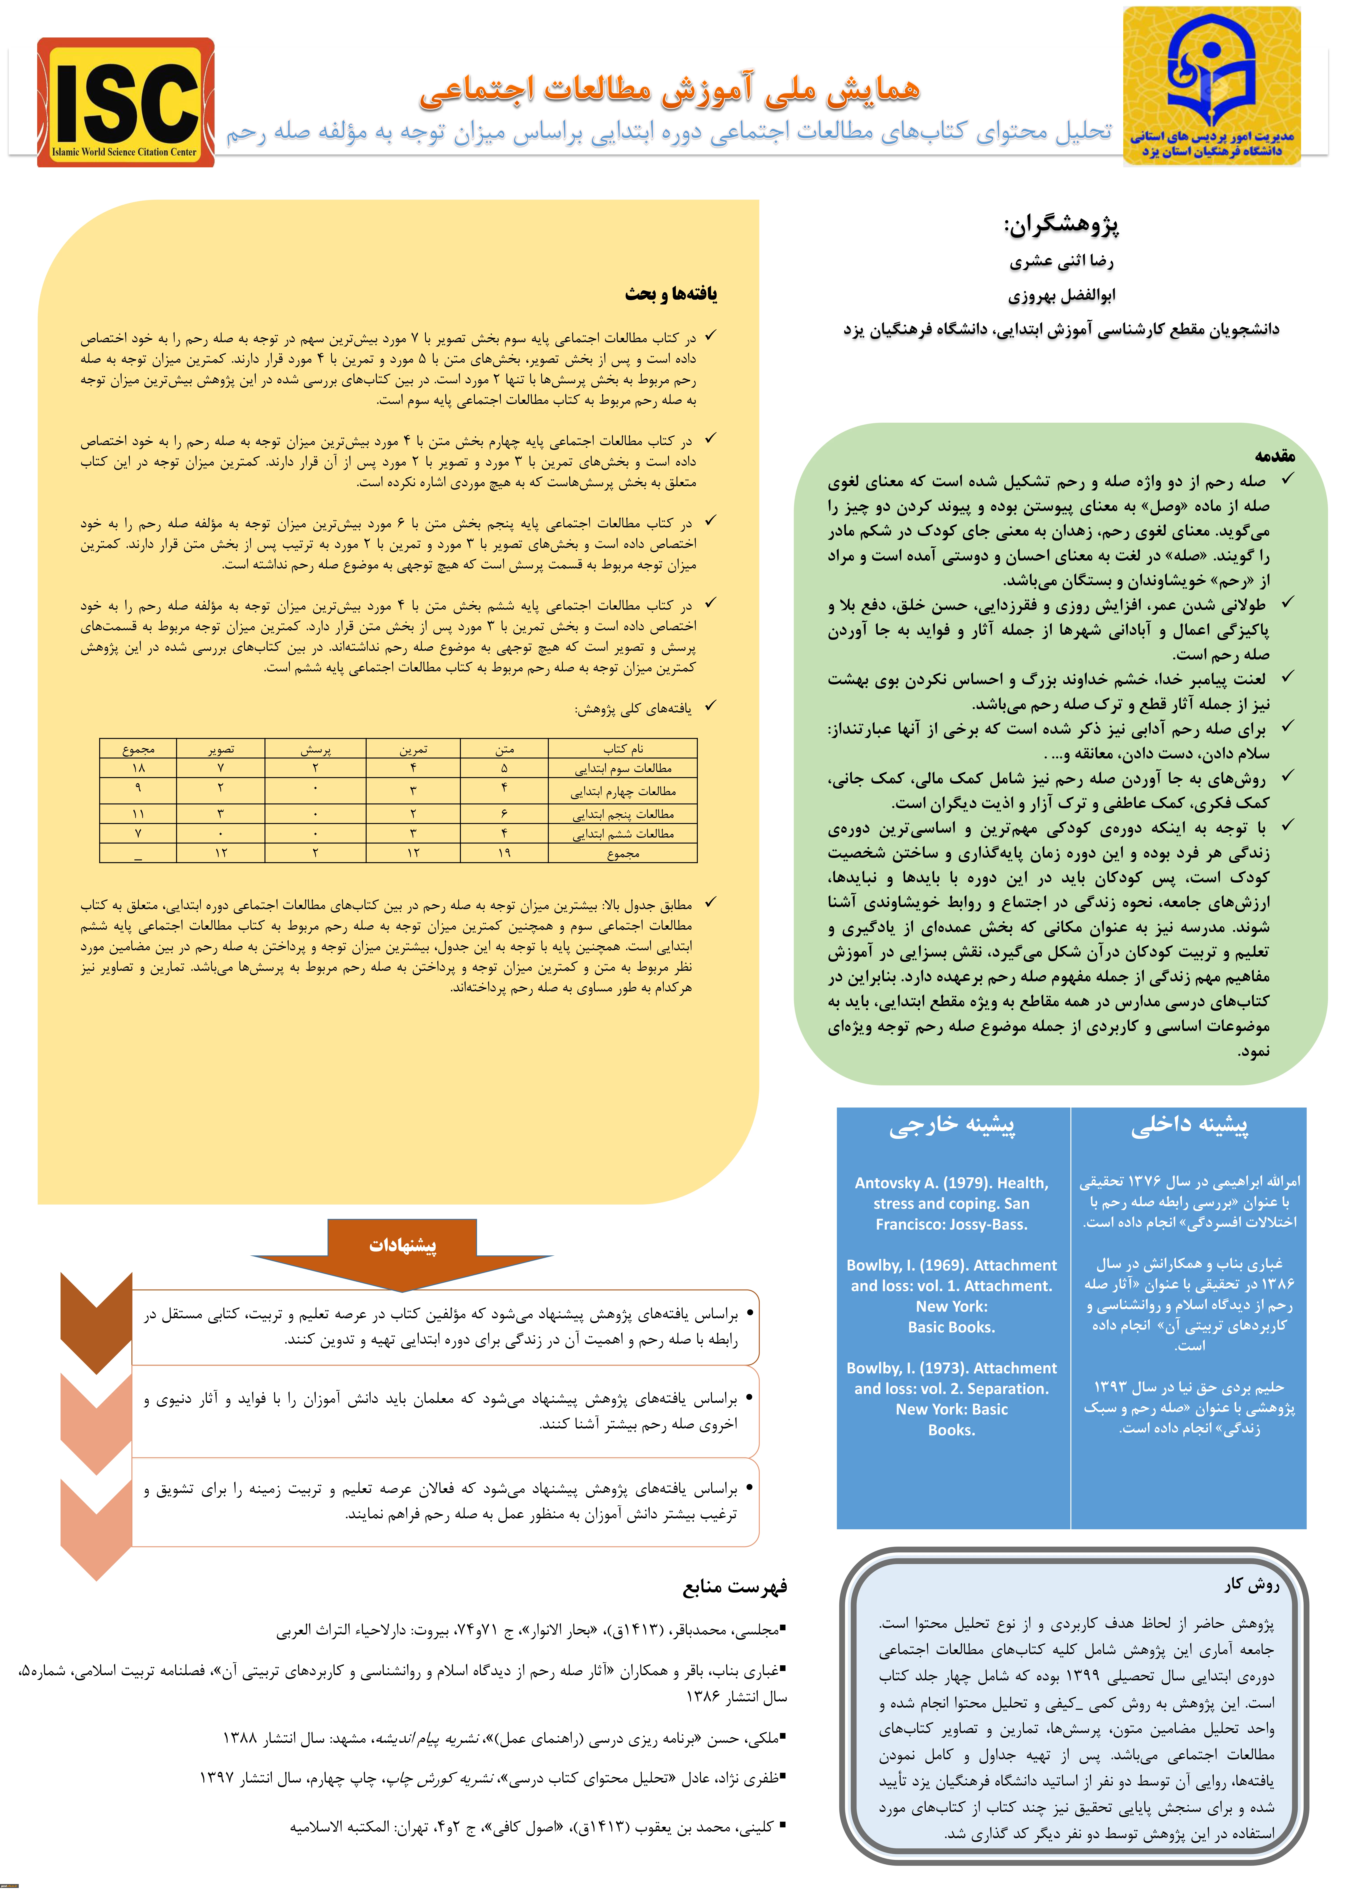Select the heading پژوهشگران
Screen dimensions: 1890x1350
pos(1061,224)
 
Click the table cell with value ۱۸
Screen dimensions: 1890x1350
pos(138,768)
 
